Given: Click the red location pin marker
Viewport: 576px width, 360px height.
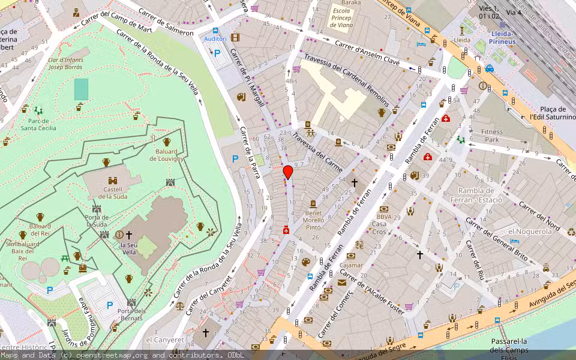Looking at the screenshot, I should click(x=288, y=172).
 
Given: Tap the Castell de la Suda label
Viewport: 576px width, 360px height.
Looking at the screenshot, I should click(x=112, y=193).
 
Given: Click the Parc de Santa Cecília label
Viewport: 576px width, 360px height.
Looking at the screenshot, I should click(x=38, y=124).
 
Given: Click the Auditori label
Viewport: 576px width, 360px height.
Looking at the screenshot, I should click(x=215, y=38).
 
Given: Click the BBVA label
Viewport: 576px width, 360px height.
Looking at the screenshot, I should click(x=384, y=217).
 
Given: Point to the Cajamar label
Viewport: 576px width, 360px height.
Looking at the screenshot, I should click(x=351, y=265).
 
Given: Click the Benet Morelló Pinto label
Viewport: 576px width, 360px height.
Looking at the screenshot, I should click(x=313, y=220).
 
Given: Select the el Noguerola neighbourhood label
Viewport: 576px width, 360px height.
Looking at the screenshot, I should click(x=530, y=231).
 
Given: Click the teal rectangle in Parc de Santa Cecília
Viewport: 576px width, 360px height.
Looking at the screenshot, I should click(x=81, y=89).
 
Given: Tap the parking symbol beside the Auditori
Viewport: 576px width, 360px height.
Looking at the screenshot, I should click(x=218, y=53).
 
